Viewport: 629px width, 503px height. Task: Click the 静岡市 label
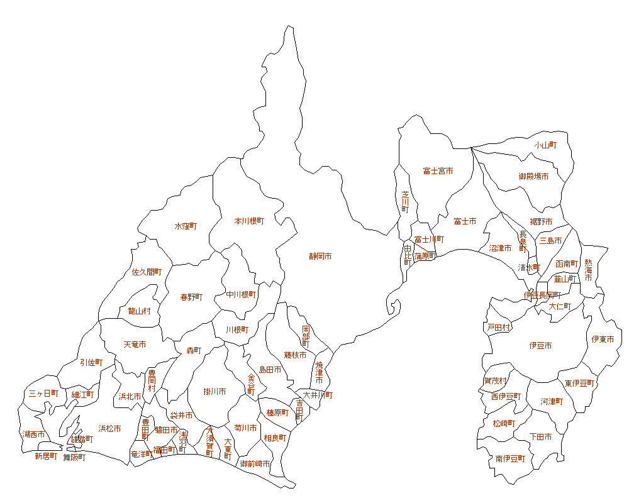[x=320, y=257]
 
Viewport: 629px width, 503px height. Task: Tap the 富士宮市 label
[x=438, y=171]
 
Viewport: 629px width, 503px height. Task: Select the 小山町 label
[x=545, y=145]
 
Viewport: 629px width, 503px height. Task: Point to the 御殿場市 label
[x=533, y=177]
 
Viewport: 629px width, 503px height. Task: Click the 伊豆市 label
[x=540, y=346]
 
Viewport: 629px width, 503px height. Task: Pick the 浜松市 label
[x=109, y=429]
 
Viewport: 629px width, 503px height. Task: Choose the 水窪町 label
[x=186, y=226]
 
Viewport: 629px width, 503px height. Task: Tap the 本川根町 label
[x=249, y=221]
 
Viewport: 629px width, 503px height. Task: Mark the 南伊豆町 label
[x=510, y=459]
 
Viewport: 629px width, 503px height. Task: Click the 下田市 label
[x=540, y=436]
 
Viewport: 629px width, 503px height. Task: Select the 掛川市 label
[x=214, y=392]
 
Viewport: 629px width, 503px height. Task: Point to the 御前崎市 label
[x=255, y=463]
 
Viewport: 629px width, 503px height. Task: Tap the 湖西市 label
[x=33, y=434]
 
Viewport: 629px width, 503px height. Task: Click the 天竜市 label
[x=135, y=345]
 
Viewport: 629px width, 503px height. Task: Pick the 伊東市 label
[x=603, y=340]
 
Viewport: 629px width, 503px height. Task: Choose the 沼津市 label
[x=500, y=248]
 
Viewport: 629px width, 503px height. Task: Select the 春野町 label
[x=191, y=297]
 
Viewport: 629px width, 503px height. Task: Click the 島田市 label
[x=270, y=370]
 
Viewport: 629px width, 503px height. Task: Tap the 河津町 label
[x=552, y=401]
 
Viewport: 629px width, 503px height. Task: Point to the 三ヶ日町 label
[x=43, y=394]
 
